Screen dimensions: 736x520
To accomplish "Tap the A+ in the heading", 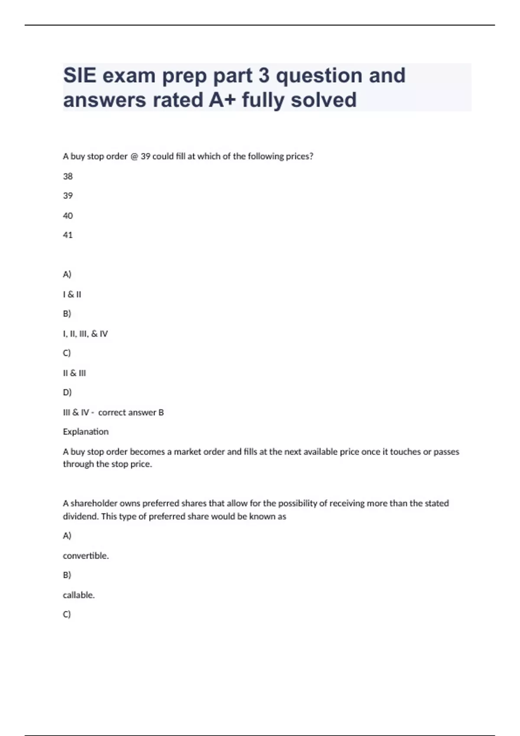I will click(222, 100).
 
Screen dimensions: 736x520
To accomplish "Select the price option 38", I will click(68, 176).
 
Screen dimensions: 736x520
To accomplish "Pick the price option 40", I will click(68, 216).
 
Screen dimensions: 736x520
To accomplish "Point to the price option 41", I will click(68, 235).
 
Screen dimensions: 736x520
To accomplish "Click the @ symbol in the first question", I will click(134, 156).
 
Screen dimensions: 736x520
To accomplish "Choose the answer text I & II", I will click(72, 294).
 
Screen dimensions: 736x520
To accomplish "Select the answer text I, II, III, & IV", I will click(85, 334).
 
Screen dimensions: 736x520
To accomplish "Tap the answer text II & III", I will click(75, 373).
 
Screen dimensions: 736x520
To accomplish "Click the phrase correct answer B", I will click(131, 412).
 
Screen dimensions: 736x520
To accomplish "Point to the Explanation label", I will click(86, 432).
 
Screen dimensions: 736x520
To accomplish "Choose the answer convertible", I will click(86, 555).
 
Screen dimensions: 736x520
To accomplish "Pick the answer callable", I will click(78, 595).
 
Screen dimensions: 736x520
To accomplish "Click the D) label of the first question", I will click(67, 392).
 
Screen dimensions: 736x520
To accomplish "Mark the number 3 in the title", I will click(264, 76).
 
